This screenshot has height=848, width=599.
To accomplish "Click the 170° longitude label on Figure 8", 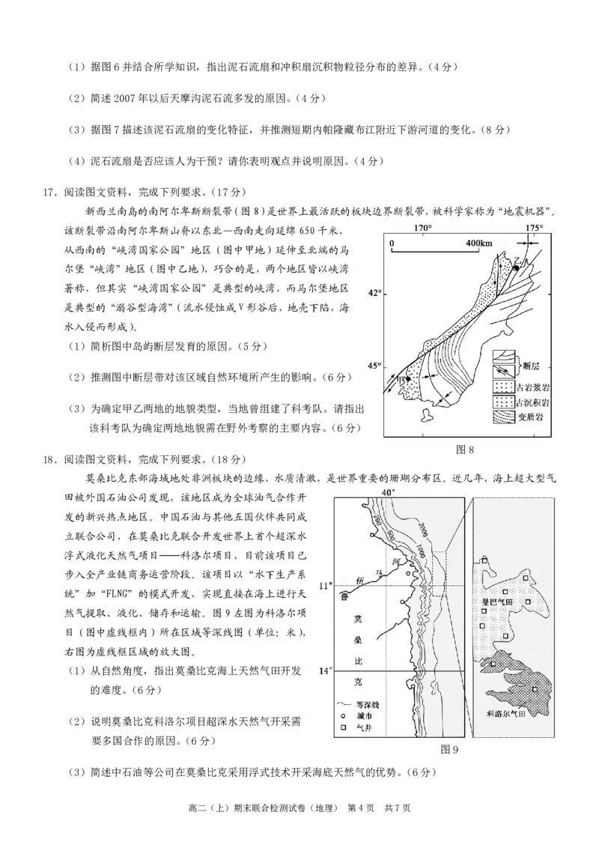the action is pos(423,228).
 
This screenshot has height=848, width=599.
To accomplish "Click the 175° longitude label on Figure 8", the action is pos(534,228).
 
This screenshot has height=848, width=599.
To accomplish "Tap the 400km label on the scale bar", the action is pos(479,243).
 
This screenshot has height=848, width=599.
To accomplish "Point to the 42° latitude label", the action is pos(374,293).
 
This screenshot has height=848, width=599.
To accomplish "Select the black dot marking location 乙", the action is pos(517,267).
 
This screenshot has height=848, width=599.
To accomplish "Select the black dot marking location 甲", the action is pos(408,379).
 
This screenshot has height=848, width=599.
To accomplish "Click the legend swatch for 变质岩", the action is pos(502,417).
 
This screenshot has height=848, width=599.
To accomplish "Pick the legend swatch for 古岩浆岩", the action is pos(502,387).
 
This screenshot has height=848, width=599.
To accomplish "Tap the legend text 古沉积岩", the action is pos(533,402).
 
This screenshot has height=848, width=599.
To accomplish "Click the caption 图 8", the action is pos(464,449).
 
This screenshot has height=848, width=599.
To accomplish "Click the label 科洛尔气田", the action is pos(506,713).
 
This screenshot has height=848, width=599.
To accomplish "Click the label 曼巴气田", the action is pos(497,602).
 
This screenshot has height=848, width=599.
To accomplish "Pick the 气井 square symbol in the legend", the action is pos(342,728).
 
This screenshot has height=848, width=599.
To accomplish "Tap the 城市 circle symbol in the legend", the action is pos(342,716).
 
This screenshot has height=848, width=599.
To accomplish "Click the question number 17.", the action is pos(49,192).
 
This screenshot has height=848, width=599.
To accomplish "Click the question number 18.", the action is pos(49,460).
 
